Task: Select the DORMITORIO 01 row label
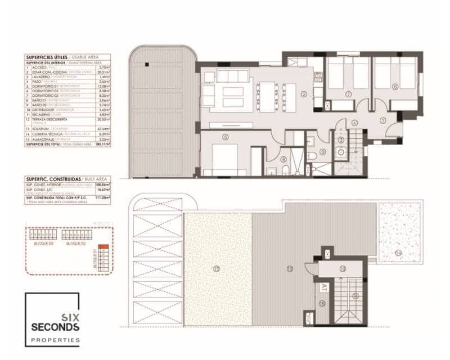point(42,86)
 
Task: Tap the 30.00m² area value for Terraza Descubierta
point(102,119)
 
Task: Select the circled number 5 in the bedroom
point(225,136)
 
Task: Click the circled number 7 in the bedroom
point(349,94)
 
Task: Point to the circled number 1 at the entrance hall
point(382,119)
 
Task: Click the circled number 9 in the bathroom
point(323,151)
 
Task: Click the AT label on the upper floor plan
point(324,287)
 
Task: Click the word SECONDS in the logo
point(55,327)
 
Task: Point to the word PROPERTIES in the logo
point(55,340)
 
